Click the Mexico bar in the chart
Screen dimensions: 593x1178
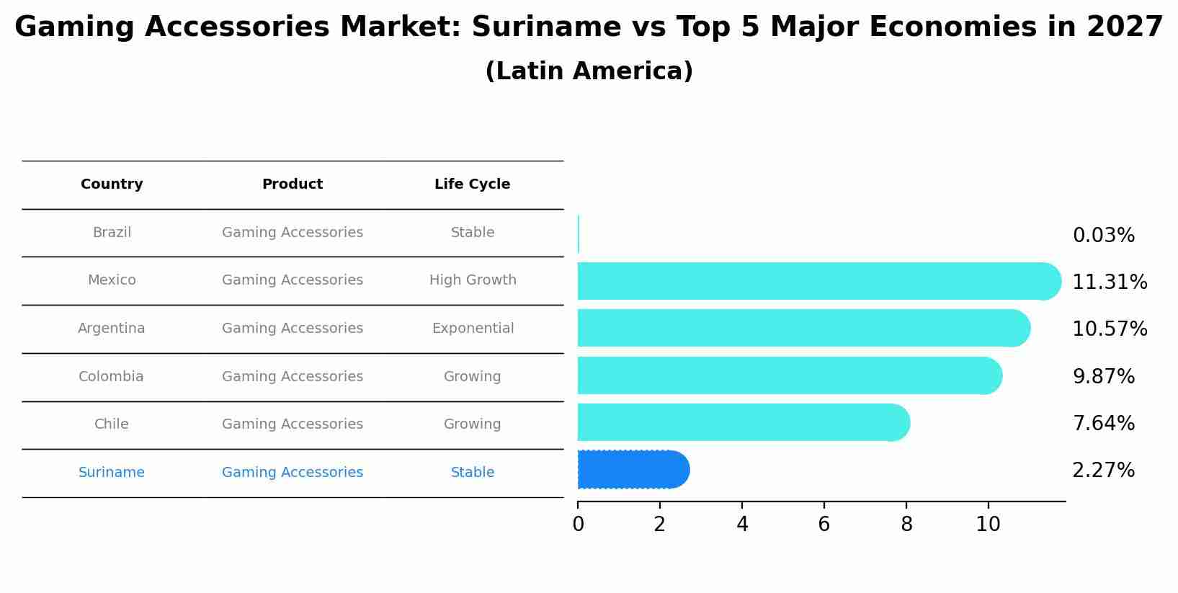click(x=818, y=281)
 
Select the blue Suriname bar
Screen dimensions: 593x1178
click(x=633, y=470)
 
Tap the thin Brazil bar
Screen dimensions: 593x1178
click(x=579, y=234)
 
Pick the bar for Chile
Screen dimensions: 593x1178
click(x=742, y=422)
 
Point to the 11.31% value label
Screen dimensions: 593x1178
click(x=1109, y=282)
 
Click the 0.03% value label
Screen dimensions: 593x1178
click(x=1103, y=236)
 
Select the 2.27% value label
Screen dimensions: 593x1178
click(x=1103, y=471)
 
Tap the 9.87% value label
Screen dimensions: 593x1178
click(x=1103, y=377)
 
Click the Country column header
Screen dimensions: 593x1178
click(x=112, y=184)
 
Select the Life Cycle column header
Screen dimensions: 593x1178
click(x=472, y=184)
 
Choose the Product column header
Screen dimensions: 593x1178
click(x=292, y=184)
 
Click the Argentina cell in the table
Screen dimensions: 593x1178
click(x=112, y=329)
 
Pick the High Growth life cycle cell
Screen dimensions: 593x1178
click(x=473, y=280)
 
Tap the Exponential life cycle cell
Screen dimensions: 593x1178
click(x=473, y=329)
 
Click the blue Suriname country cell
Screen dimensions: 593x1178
click(x=112, y=473)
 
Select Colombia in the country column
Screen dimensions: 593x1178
click(x=111, y=377)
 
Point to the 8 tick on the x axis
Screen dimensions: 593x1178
click(x=906, y=525)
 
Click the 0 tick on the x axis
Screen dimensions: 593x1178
click(x=578, y=525)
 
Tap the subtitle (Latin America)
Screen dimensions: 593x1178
click(x=589, y=71)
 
